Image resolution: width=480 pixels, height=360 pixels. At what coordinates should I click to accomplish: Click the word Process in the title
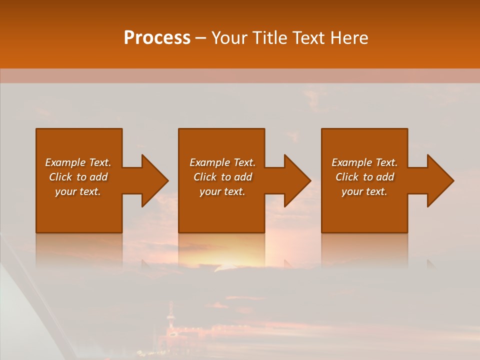pos(157,38)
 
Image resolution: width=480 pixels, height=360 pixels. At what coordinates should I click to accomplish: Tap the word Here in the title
pos(350,38)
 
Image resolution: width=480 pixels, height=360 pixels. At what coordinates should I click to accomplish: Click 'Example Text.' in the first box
pos(78,162)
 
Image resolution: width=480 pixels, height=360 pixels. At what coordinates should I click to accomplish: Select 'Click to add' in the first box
pos(78,177)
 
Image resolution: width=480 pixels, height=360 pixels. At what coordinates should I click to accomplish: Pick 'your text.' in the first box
pos(78,191)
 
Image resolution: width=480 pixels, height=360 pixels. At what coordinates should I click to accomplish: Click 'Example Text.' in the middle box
pos(222,162)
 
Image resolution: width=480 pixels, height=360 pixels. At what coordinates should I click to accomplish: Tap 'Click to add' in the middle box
pos(222,177)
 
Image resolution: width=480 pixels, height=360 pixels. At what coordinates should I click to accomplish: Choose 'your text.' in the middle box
pos(222,191)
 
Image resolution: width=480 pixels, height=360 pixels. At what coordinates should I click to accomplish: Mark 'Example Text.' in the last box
pos(364,162)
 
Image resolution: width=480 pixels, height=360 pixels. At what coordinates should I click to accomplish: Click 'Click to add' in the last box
pos(364,177)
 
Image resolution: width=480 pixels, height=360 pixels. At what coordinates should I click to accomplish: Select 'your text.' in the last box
pos(364,191)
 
